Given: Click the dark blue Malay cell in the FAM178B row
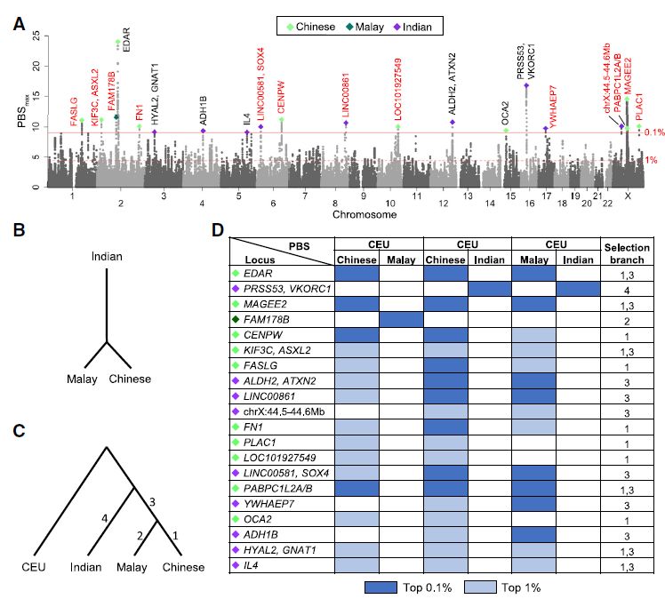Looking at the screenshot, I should tap(401, 315).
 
